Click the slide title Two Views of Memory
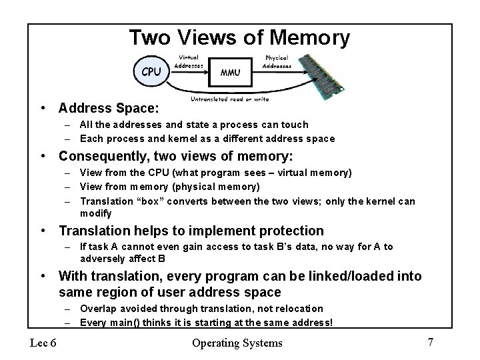point(239,37)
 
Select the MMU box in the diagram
point(231,73)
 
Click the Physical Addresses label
point(277,62)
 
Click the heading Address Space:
point(109,107)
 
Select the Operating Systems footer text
point(237,343)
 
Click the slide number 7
point(431,342)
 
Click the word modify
point(96,213)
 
